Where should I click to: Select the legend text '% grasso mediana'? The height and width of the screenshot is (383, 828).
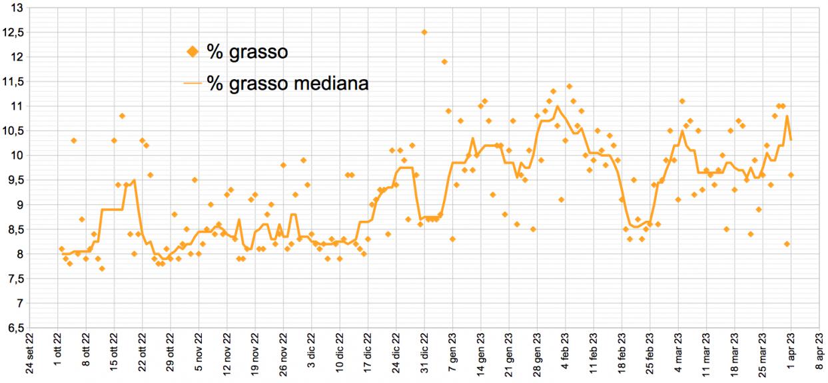click(288, 84)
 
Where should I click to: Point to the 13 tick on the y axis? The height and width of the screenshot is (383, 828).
click(17, 8)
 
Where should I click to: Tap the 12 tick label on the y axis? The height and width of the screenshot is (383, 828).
click(17, 57)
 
